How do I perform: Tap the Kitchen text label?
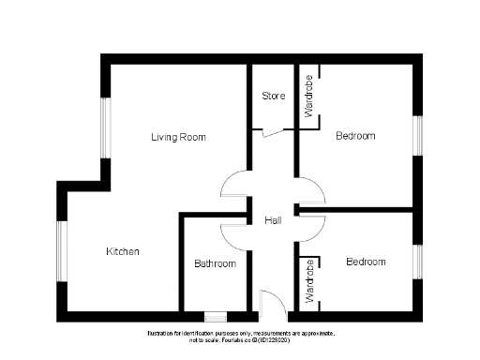(x=122, y=252)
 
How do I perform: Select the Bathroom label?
(x=215, y=263)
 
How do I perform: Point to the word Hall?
(x=273, y=220)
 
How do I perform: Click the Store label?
(x=273, y=96)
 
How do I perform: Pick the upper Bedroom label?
(x=355, y=136)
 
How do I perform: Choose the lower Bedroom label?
(x=365, y=262)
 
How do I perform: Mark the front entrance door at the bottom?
(x=271, y=302)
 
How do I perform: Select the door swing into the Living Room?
(x=234, y=186)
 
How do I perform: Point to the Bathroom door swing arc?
(x=234, y=236)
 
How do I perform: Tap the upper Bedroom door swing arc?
(x=312, y=190)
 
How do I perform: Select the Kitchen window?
(x=61, y=250)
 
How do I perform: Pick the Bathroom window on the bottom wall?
(x=215, y=316)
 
